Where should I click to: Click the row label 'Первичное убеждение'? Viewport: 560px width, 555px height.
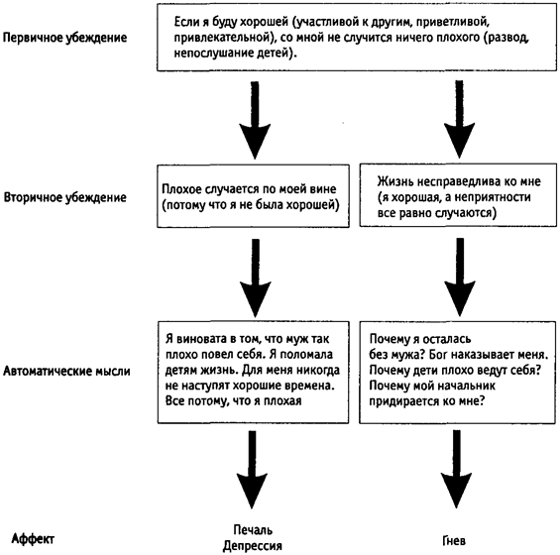point(65,38)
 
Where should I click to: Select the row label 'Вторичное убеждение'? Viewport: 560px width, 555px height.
point(65,197)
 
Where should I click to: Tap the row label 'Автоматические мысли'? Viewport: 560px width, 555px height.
point(66,372)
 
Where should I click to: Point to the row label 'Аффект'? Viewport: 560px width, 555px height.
point(33,538)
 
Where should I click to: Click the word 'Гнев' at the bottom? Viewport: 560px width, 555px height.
point(454,541)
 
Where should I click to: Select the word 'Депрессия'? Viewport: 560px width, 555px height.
point(253,546)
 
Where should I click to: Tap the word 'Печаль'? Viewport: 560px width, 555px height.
point(253,529)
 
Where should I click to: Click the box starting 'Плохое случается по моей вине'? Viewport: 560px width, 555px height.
point(253,196)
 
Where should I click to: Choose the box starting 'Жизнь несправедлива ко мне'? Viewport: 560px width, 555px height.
point(458,195)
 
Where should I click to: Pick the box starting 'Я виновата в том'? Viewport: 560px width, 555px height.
point(253,372)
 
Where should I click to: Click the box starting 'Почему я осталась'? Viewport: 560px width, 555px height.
point(458,372)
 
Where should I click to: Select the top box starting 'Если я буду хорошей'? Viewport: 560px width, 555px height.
point(357,38)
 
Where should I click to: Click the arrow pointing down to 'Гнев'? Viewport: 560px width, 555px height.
point(457,469)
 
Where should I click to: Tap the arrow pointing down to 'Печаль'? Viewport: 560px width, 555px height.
point(252,470)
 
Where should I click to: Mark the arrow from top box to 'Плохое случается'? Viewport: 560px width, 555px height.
point(255,120)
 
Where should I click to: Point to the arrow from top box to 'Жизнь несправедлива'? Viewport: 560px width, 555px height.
point(459,119)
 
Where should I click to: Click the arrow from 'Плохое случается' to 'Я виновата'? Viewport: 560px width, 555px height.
point(256,277)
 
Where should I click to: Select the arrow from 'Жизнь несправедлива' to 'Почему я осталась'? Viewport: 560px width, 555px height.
point(460,277)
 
